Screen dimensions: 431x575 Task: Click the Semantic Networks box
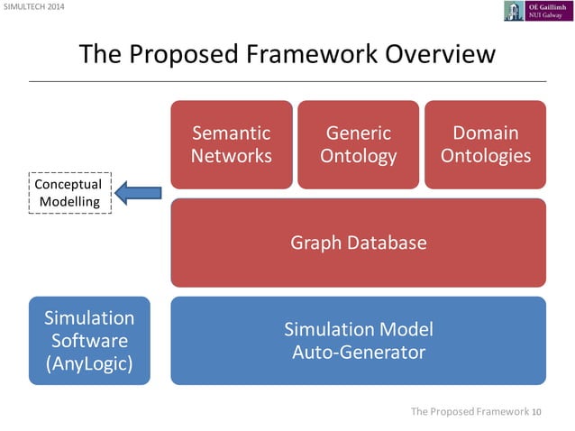[x=231, y=144]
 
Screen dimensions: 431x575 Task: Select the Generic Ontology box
[x=358, y=144]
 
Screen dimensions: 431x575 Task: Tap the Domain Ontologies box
[x=485, y=144]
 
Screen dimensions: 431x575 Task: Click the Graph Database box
[x=358, y=243]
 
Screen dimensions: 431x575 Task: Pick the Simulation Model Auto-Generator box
[x=358, y=340]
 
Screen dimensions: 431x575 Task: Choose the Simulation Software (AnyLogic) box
[x=89, y=340]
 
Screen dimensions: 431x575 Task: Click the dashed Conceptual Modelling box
[x=69, y=192]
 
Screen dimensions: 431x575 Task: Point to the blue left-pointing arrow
[x=139, y=191]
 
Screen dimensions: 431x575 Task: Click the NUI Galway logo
[x=537, y=11]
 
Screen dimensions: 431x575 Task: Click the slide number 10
[x=537, y=412]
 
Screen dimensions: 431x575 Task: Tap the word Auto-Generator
[x=358, y=352]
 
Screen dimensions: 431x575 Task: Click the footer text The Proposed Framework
[x=469, y=412]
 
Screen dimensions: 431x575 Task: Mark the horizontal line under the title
[x=287, y=81]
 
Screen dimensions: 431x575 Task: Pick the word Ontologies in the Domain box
[x=485, y=156]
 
